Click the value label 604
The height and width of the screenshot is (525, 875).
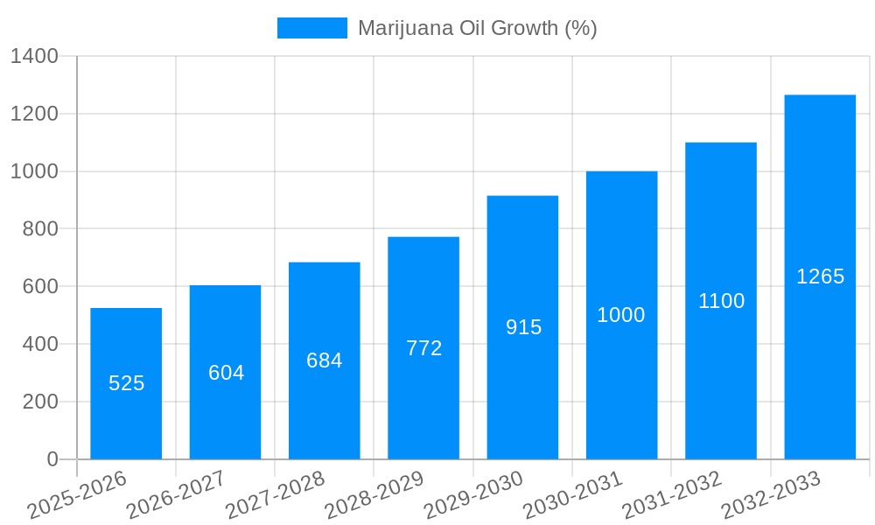click(226, 373)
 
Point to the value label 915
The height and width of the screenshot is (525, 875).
click(523, 327)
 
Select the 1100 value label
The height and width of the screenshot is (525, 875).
click(721, 301)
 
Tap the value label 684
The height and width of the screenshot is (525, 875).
click(324, 360)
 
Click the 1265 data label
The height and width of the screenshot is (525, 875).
click(820, 276)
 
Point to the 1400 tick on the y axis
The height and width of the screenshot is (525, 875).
click(34, 57)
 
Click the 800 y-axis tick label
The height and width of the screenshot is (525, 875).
click(40, 229)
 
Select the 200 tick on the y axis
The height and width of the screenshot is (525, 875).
click(40, 402)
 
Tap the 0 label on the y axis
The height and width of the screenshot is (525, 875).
click(52, 459)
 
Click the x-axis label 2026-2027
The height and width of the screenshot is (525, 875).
click(176, 495)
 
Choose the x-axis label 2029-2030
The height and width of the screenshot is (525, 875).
click(473, 495)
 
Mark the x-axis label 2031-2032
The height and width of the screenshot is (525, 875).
click(672, 495)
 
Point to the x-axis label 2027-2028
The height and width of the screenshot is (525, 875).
click(275, 495)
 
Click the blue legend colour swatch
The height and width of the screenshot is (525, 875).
click(311, 28)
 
